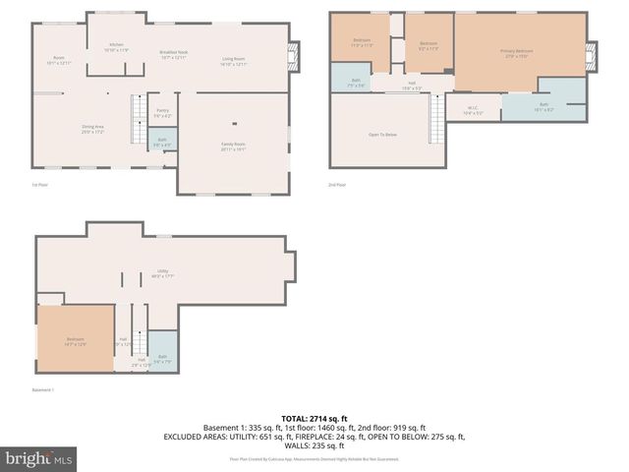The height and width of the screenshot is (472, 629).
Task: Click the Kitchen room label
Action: [x=117, y=47]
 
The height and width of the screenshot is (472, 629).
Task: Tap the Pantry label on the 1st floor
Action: [x=163, y=113]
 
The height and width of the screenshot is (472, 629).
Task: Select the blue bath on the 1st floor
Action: [x=163, y=142]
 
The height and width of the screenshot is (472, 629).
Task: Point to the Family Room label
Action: [x=233, y=147]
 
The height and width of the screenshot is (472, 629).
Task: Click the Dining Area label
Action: [x=94, y=129]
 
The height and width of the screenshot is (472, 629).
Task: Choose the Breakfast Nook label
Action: [x=174, y=56]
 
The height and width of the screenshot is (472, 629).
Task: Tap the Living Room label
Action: [x=233, y=61]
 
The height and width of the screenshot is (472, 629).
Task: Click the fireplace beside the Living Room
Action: [x=292, y=57]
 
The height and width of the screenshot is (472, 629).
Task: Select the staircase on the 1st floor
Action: [x=139, y=117]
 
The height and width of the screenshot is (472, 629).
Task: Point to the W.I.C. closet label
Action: [x=473, y=110]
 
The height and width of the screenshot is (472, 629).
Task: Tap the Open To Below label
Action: [x=382, y=134]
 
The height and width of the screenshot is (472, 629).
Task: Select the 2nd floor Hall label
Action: [x=414, y=87]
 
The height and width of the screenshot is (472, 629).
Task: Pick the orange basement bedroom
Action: [x=76, y=340]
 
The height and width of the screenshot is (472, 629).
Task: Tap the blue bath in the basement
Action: [x=162, y=358]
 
